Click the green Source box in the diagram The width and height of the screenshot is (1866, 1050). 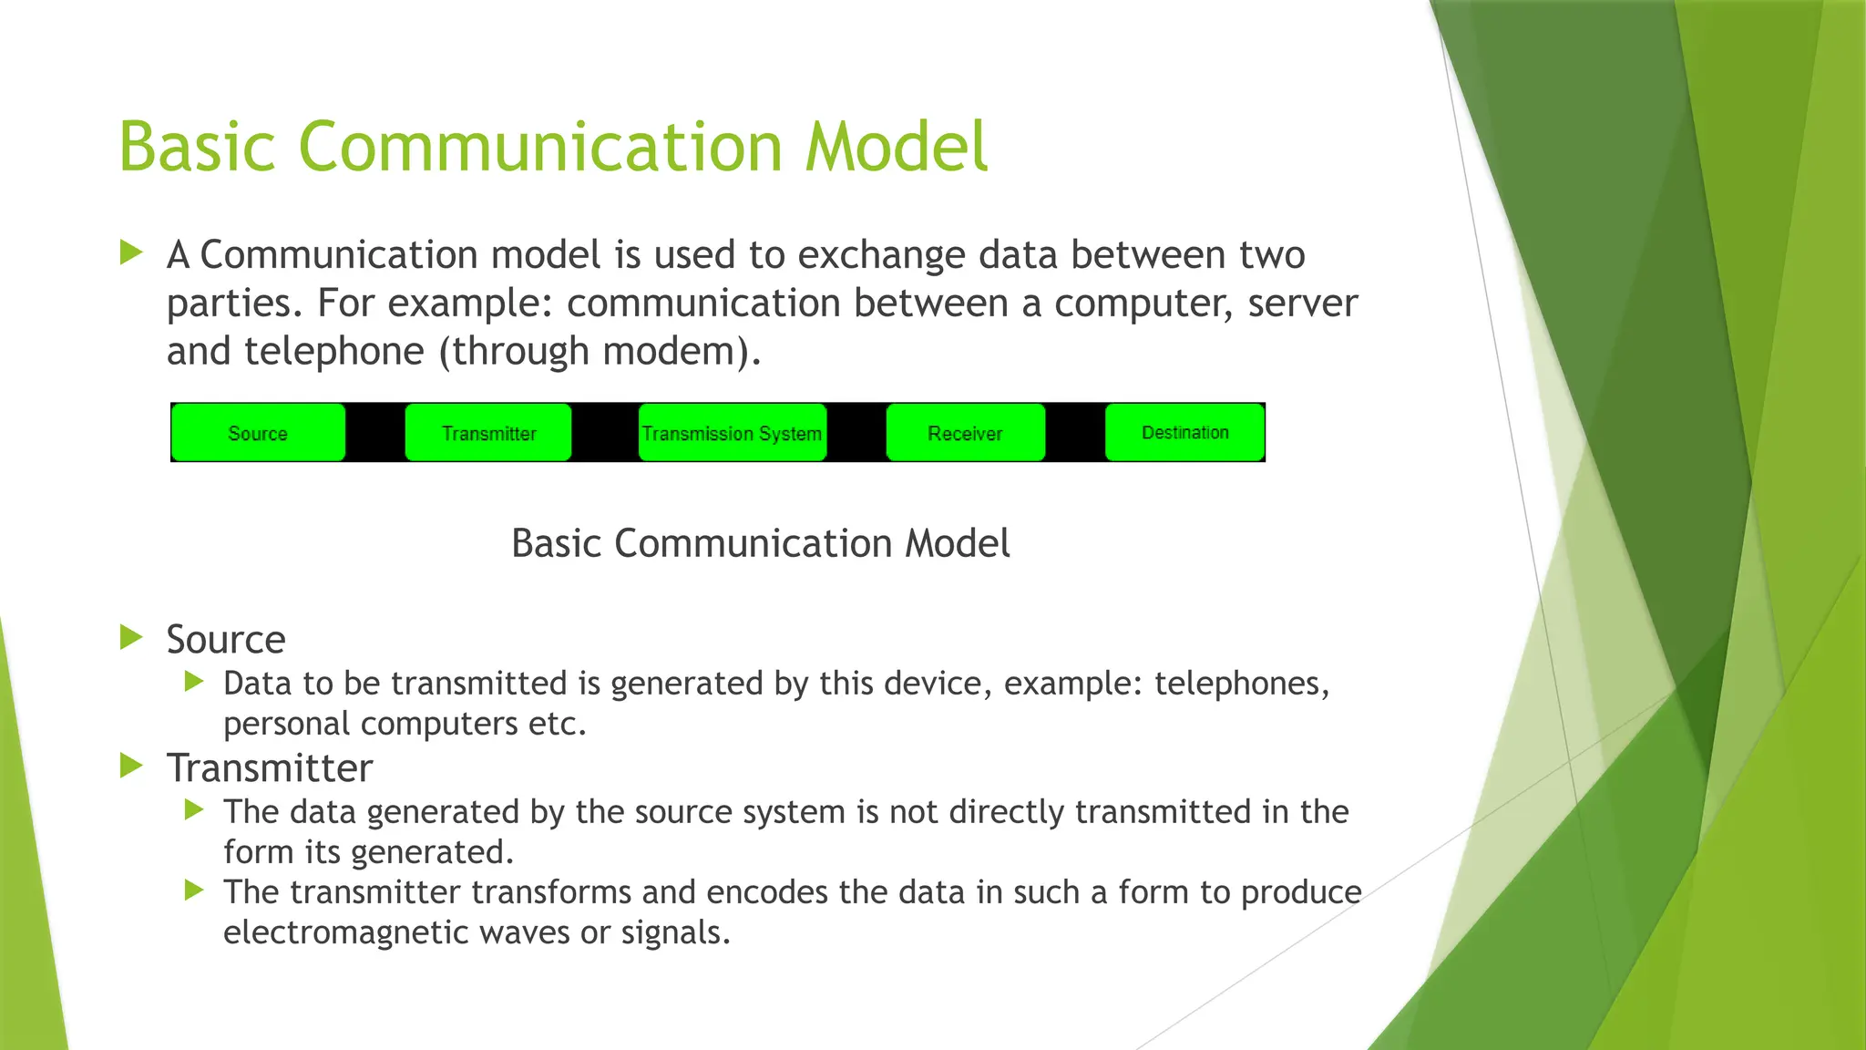click(x=258, y=433)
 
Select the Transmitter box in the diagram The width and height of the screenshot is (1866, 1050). click(x=488, y=433)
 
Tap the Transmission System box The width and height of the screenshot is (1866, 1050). click(x=732, y=433)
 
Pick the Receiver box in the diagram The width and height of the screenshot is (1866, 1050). click(x=965, y=433)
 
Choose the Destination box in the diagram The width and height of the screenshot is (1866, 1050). click(x=1184, y=432)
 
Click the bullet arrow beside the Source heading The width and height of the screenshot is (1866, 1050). click(x=132, y=637)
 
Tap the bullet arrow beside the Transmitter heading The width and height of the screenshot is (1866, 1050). click(x=132, y=766)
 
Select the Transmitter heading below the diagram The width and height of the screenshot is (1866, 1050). click(x=270, y=767)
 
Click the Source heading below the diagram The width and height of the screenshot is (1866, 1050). click(x=226, y=639)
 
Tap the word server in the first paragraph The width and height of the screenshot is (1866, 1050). click(x=1302, y=304)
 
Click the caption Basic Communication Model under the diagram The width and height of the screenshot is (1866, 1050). click(x=760, y=543)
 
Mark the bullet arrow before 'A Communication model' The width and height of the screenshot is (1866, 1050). click(x=132, y=252)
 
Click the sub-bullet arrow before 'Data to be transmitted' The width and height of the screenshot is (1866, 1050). click(x=193, y=681)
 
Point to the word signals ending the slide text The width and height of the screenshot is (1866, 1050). click(x=674, y=932)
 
